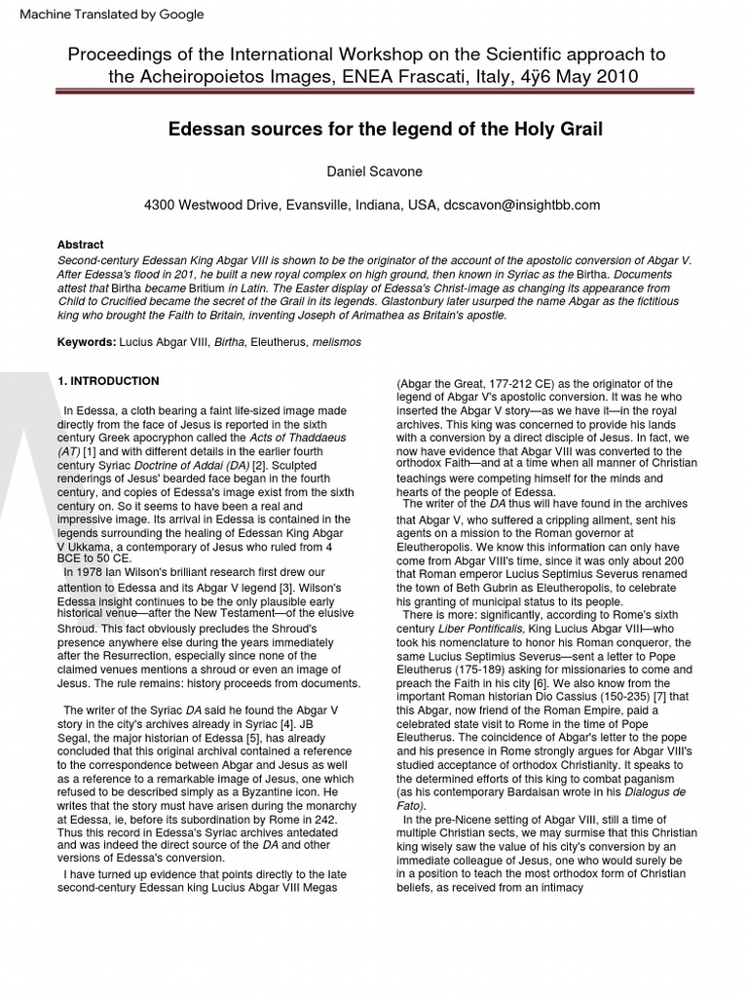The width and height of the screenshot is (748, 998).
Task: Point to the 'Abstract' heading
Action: click(x=80, y=245)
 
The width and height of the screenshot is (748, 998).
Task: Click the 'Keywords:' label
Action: click(x=87, y=344)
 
